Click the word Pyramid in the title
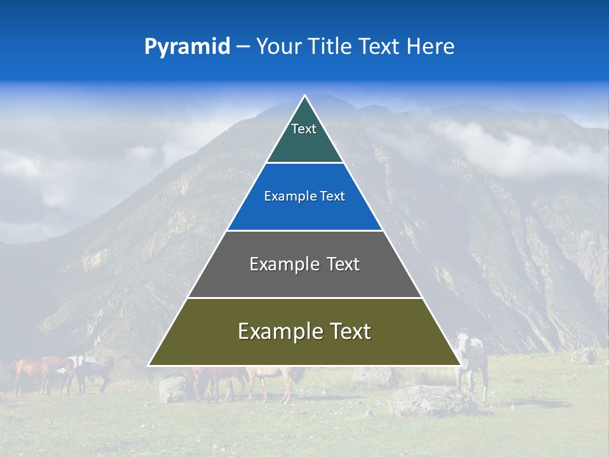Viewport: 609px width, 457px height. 187,46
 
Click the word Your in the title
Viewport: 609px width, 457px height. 277,46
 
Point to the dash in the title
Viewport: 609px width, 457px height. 243,46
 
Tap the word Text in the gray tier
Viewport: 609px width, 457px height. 343,264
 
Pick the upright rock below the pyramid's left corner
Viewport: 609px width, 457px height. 173,389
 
